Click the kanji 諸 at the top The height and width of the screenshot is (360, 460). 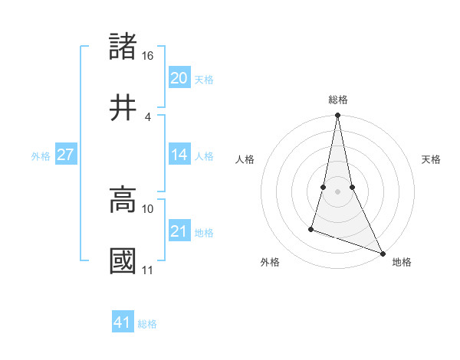click(123, 47)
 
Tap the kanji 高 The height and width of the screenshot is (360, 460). click(123, 199)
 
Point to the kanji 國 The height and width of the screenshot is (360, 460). click(123, 260)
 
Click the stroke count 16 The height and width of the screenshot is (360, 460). click(148, 56)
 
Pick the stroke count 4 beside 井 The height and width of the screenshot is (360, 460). click(148, 116)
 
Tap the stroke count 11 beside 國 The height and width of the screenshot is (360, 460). click(148, 270)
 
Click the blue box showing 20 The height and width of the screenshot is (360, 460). click(179, 78)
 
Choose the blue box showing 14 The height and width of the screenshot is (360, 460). click(179, 155)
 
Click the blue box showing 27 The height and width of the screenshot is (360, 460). click(66, 155)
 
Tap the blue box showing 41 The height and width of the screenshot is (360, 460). click(123, 323)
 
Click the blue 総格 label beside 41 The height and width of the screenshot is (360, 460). click(147, 324)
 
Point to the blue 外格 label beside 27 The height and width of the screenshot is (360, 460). click(41, 155)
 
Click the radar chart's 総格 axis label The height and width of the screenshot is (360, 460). click(338, 100)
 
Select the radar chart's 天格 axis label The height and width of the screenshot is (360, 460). click(432, 159)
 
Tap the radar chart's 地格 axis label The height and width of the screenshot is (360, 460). click(402, 262)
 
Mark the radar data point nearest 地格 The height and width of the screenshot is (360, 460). click(382, 253)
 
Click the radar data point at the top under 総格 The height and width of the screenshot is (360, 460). click(337, 116)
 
